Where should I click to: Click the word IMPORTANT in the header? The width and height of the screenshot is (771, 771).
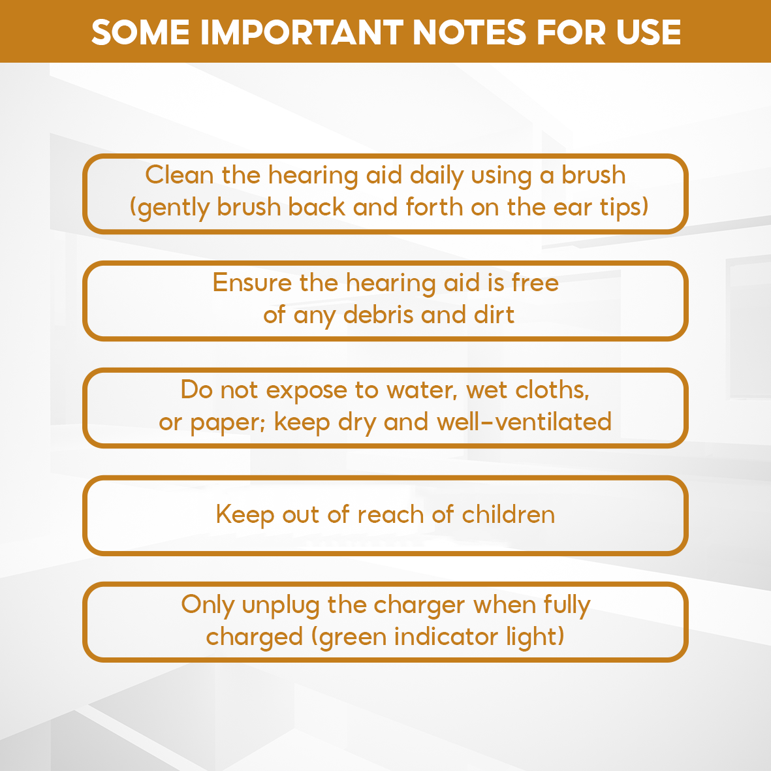pyautogui.click(x=302, y=33)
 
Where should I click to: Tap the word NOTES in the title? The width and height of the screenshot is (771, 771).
pyautogui.click(x=469, y=33)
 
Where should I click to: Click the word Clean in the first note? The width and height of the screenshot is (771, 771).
pyautogui.click(x=179, y=175)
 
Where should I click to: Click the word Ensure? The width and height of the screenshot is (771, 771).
pyautogui.click(x=251, y=283)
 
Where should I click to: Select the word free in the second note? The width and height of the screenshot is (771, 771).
pyautogui.click(x=535, y=283)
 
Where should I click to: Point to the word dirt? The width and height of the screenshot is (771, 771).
pyautogui.click(x=494, y=315)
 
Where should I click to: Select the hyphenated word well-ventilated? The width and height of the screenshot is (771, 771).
pyautogui.click(x=524, y=422)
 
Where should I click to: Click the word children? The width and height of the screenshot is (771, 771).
pyautogui.click(x=509, y=515)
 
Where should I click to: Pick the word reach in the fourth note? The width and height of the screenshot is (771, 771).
pyautogui.click(x=390, y=515)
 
